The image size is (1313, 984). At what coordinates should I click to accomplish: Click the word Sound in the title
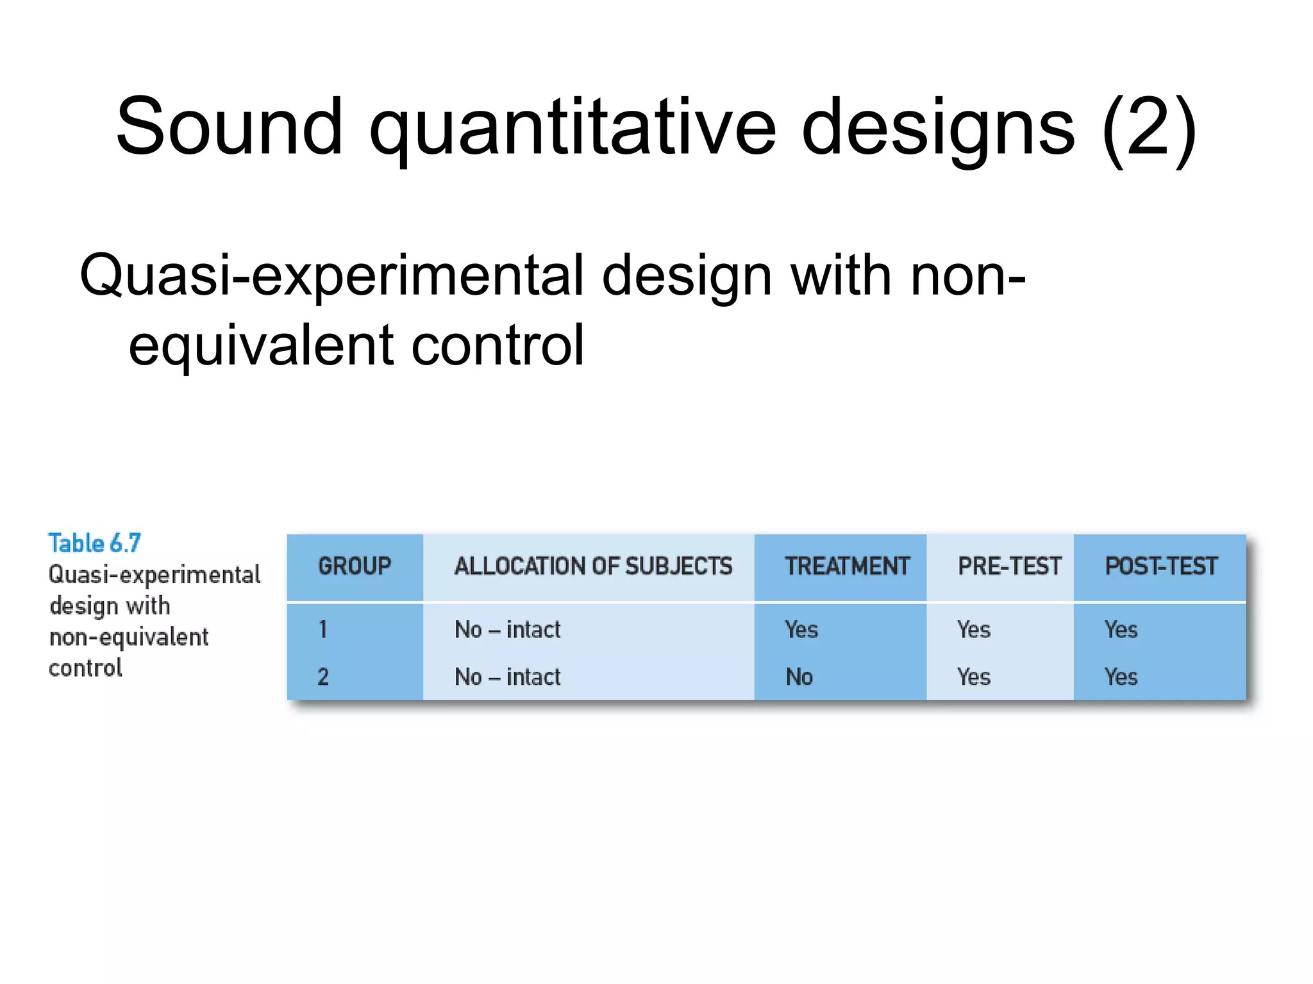point(229,127)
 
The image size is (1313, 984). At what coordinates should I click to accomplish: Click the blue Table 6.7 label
point(94,543)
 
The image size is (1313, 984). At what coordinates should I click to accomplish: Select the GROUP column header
point(355,566)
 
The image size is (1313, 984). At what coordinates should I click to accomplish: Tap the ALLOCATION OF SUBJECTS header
point(593,566)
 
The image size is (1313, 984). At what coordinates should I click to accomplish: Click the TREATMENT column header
point(847,566)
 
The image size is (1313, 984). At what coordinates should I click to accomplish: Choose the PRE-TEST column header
point(1009,566)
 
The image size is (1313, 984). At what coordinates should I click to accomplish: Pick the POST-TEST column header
point(1160,566)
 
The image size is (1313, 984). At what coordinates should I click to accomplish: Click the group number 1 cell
point(323,630)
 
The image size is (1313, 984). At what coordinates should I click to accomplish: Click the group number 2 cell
point(323,677)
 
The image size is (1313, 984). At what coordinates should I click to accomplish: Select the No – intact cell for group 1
point(507,630)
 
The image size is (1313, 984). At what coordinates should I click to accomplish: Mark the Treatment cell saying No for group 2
point(799,677)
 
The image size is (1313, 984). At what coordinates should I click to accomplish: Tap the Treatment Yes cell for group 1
point(801,630)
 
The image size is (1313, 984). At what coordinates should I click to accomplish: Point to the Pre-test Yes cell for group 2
point(973,677)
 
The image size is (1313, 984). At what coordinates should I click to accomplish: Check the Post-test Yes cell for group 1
point(1121,630)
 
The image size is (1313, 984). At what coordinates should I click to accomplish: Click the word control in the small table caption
point(85,668)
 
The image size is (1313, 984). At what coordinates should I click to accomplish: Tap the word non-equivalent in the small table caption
point(129,637)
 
